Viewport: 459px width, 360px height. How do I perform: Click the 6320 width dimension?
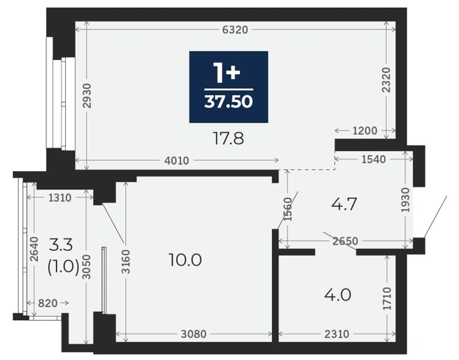pos(235,29)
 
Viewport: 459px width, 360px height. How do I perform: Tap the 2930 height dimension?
pos(87,96)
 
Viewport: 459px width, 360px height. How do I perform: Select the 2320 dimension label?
pos(387,80)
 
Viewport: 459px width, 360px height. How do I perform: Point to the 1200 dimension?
pos(365,131)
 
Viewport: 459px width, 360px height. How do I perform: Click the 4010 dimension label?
pos(176,161)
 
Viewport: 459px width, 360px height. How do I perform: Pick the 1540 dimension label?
pos(374,159)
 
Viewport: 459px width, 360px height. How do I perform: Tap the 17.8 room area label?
pos(228,138)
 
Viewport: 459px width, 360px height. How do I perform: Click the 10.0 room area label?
pos(185,260)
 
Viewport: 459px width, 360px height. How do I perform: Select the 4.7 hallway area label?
pos(344,204)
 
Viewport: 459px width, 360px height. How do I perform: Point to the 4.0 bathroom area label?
pos(337,295)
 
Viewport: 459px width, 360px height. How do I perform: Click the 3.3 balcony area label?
pos(61,245)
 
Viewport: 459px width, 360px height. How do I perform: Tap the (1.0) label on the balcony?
pos(63,267)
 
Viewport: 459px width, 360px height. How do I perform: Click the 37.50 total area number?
pos(229,102)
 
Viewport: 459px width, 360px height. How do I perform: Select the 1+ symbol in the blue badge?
pos(227,72)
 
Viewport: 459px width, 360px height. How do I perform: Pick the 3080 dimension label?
pos(194,334)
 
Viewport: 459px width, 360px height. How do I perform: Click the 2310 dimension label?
pos(337,334)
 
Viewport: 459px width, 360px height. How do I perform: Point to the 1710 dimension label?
pos(388,298)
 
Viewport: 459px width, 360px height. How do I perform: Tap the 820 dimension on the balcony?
pos(48,303)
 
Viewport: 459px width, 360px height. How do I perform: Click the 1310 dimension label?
pos(59,198)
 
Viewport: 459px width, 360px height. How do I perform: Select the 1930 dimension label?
pos(406,200)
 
